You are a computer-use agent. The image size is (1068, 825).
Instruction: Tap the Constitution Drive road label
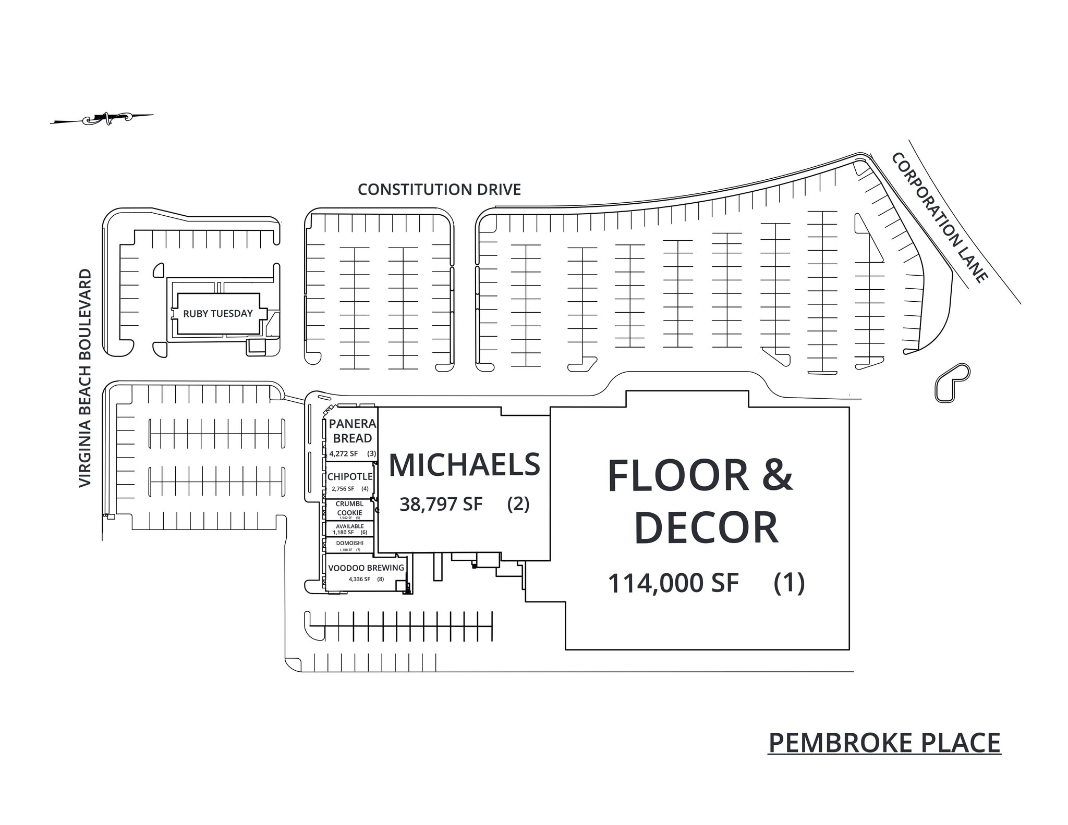[x=439, y=190]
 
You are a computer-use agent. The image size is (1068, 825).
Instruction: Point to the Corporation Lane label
[x=939, y=218]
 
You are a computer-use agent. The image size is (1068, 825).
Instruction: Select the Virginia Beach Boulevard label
[x=85, y=378]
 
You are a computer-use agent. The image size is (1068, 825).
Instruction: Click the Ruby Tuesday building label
[x=217, y=314]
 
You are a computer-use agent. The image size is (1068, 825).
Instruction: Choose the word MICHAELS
[x=464, y=465]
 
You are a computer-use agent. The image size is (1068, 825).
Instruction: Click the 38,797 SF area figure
[x=441, y=504]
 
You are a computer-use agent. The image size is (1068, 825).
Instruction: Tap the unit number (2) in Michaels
[x=518, y=504]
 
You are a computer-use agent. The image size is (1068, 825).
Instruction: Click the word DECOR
[x=706, y=528]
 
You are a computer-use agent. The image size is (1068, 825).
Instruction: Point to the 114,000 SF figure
[x=673, y=583]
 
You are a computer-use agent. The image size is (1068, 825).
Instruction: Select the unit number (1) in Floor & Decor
[x=788, y=583]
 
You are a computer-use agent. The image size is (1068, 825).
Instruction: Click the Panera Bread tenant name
[x=353, y=431]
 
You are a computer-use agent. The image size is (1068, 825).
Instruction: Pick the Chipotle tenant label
[x=350, y=477]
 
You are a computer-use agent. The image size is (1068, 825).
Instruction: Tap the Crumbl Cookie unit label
[x=349, y=508]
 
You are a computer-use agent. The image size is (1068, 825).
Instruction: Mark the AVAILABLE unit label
[x=350, y=526]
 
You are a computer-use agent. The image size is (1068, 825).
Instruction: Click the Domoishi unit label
[x=350, y=543]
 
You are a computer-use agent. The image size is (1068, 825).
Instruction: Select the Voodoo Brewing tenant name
[x=366, y=568]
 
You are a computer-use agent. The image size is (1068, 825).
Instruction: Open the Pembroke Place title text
[x=884, y=743]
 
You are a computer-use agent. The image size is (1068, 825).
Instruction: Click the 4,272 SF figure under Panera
[x=344, y=454]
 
